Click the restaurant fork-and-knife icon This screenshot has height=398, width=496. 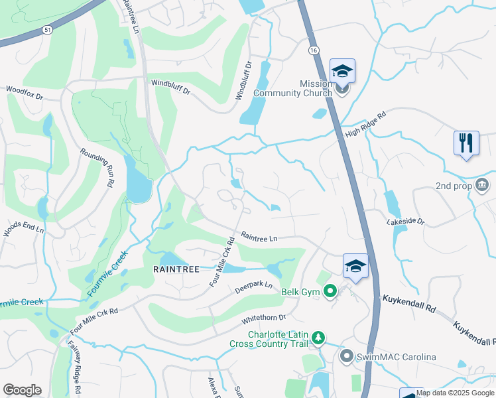(x=466, y=143)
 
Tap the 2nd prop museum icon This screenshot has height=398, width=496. (x=483, y=184)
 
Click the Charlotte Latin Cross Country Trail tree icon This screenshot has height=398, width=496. (x=318, y=338)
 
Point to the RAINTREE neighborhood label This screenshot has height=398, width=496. (x=175, y=269)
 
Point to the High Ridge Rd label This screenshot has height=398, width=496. (x=365, y=124)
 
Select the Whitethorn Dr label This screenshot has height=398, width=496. (x=265, y=321)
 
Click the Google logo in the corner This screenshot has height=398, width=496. (x=22, y=390)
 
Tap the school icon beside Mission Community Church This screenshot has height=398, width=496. (x=342, y=70)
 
